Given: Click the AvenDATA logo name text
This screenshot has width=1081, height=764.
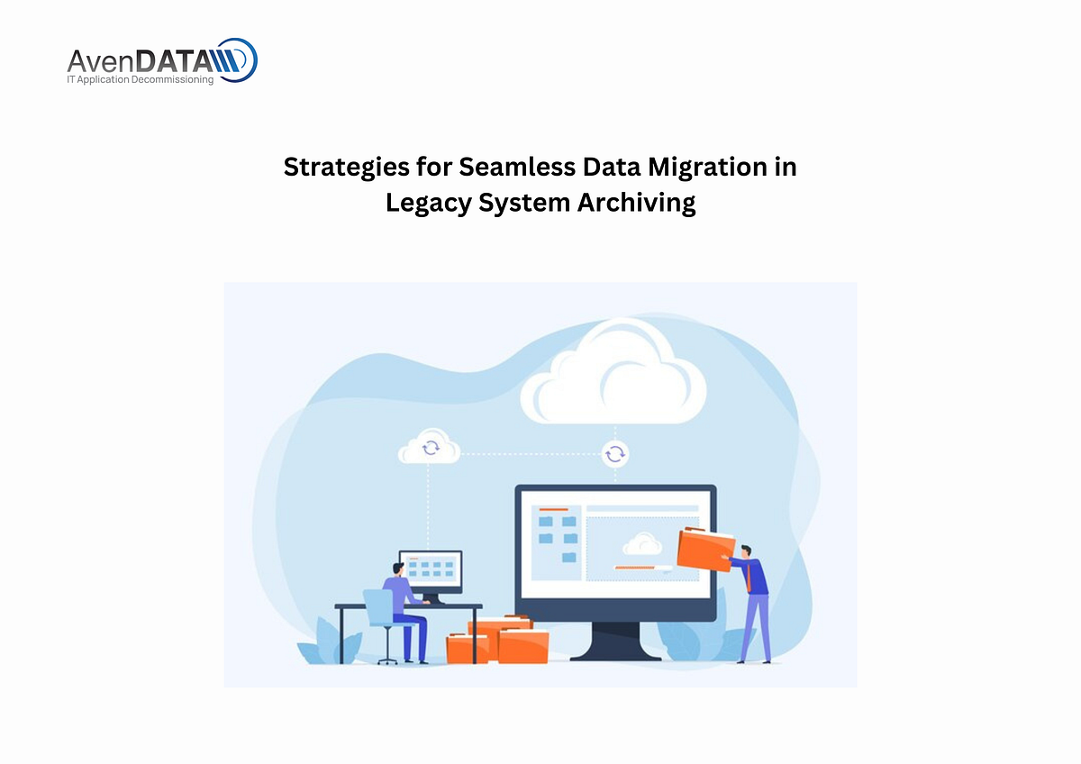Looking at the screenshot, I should (x=140, y=61).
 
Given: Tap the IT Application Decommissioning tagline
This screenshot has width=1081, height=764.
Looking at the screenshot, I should (x=141, y=80).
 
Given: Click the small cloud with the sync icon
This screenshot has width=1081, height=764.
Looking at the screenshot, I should (x=429, y=447).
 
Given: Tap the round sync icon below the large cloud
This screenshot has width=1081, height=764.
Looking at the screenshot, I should (x=615, y=453).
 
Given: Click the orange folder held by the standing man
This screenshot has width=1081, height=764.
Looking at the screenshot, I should (x=704, y=549).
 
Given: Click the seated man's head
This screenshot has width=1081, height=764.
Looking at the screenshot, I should (x=397, y=569).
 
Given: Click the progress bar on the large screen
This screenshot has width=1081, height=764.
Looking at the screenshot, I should (x=642, y=568).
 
